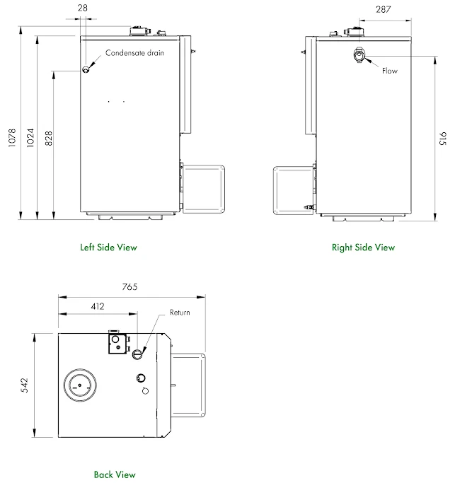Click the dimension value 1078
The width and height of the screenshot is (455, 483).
tap(12, 138)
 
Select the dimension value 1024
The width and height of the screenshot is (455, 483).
tap(30, 138)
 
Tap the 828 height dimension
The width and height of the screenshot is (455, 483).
tap(49, 139)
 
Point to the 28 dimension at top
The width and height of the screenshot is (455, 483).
tap(83, 8)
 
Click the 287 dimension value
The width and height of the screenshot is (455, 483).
tap(383, 10)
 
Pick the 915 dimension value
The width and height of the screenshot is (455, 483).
tap(443, 139)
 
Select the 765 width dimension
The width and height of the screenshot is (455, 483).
tap(129, 287)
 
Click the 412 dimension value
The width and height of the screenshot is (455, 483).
tap(98, 306)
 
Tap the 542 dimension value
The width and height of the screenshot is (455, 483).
tap(24, 385)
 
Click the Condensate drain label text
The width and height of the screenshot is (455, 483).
tap(134, 53)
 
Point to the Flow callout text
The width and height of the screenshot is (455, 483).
tap(390, 71)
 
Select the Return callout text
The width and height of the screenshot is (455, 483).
tap(180, 313)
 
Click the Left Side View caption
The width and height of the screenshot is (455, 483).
tap(108, 248)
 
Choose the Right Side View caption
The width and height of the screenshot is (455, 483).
tap(363, 248)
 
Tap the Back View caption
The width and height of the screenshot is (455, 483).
tap(115, 475)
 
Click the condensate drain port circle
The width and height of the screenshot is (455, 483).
tap(86, 69)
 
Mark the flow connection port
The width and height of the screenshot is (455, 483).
tap(359, 56)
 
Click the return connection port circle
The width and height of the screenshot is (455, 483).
tap(137, 354)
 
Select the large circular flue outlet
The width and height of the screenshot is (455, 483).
tap(80, 385)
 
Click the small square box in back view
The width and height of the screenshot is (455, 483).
tap(117, 344)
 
